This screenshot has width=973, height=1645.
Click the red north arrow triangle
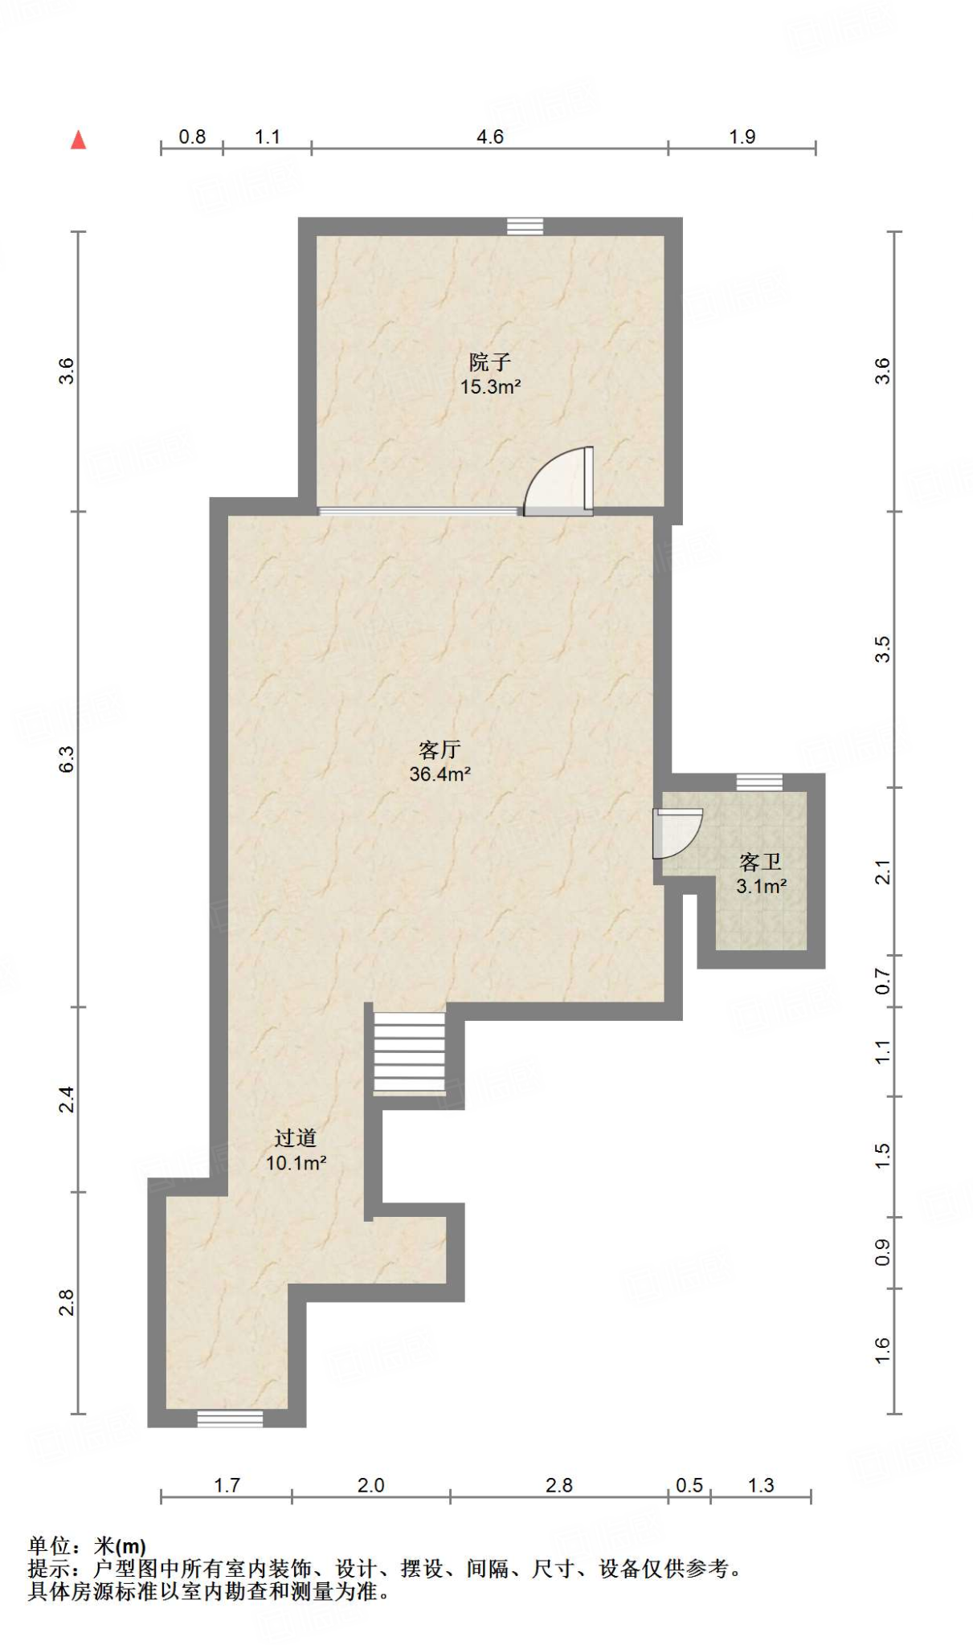[x=78, y=140]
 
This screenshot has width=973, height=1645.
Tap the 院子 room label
[x=489, y=361]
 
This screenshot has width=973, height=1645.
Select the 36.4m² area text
[x=439, y=774]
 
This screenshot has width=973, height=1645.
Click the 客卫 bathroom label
[x=760, y=862]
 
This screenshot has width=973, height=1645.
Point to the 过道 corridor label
[x=295, y=1137]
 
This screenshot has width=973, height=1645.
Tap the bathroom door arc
[x=677, y=832]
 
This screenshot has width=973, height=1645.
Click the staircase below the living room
[x=410, y=1052]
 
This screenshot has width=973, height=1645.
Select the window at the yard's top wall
[x=525, y=227]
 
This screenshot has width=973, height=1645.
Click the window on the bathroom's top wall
[x=759, y=782]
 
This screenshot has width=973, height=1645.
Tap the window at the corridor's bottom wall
[x=230, y=1418]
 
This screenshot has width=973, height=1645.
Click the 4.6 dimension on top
[x=489, y=137]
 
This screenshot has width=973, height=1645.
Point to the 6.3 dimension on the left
[x=67, y=759]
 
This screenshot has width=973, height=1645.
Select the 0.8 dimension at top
[x=192, y=137]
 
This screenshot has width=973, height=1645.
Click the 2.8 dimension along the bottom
[x=558, y=1485]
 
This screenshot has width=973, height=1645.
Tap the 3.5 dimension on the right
[x=882, y=649]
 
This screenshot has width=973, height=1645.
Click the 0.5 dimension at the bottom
[x=689, y=1485]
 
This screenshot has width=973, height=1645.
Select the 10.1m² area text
[x=296, y=1162]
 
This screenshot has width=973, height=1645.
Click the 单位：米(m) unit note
[x=87, y=1545]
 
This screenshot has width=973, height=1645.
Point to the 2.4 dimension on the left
[x=67, y=1099]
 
